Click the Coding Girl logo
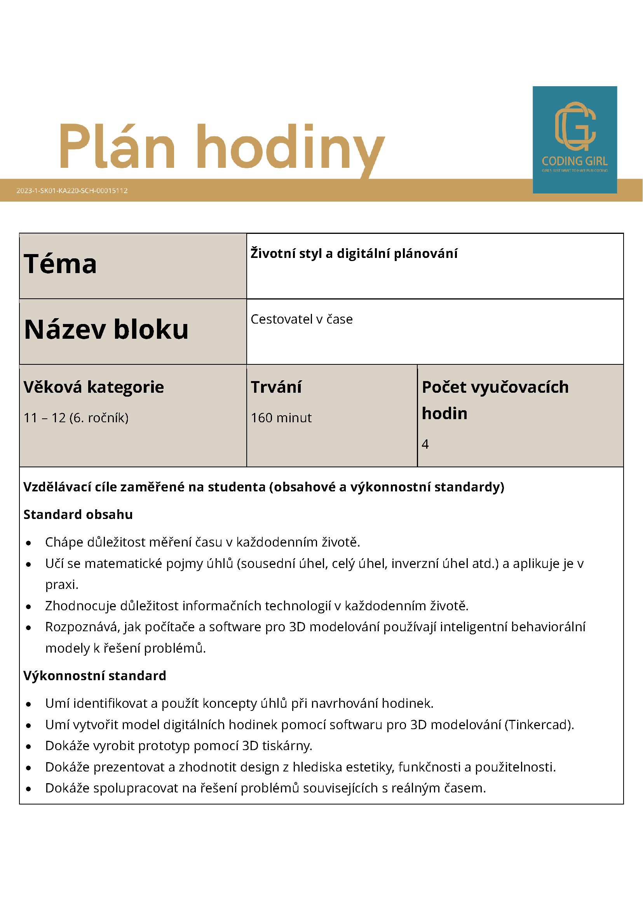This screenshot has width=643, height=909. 575,139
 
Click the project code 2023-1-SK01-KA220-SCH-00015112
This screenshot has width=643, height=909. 72,190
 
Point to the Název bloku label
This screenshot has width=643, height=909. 106,329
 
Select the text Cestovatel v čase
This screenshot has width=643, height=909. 301,319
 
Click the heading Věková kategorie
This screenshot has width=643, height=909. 94,387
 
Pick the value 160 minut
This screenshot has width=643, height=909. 281,418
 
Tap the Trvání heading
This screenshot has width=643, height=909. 276,387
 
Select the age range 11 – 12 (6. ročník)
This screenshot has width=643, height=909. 76,418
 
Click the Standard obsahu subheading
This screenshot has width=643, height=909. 78,514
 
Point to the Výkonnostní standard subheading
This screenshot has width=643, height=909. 95,676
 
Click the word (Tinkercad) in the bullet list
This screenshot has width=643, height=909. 539,724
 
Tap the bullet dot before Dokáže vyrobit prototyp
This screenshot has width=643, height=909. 28,747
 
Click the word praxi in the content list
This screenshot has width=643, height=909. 61,585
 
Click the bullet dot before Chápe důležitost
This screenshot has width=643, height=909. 28,543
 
